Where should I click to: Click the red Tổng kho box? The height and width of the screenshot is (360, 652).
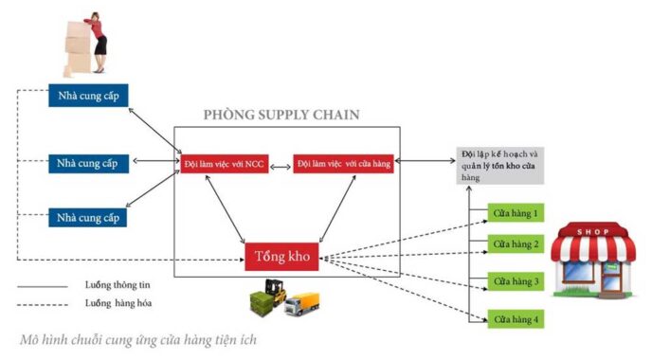(x=283, y=257)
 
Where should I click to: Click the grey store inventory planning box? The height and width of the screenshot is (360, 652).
(x=499, y=164)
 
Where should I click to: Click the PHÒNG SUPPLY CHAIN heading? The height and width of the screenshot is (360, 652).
(x=281, y=116)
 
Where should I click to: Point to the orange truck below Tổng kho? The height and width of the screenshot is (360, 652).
(x=305, y=304)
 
